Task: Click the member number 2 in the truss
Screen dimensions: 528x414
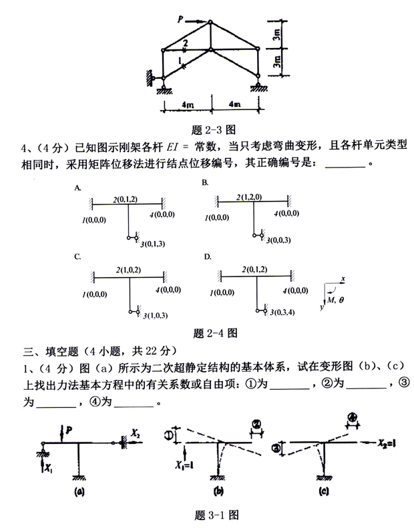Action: (x=185, y=43)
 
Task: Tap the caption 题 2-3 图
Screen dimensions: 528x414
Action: (x=210, y=129)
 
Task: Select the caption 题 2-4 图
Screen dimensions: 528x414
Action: (x=211, y=332)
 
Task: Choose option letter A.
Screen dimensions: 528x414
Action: (x=78, y=189)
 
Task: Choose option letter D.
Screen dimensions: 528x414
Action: (x=207, y=256)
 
